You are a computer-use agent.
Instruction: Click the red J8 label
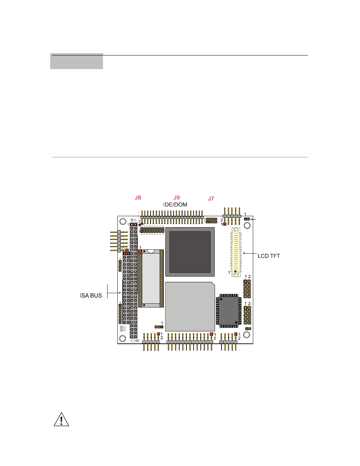coord(138,198)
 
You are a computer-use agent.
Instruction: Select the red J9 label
coord(176,198)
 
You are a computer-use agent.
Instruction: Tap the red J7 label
coord(211,199)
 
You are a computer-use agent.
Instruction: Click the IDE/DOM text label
coord(175,205)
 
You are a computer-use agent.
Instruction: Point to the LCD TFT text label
coord(269,256)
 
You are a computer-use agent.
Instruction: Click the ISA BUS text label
coord(91,295)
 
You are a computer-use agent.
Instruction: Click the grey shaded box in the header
coord(77,61)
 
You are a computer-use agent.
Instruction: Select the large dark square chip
coord(190,252)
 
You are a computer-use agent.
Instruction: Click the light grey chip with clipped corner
coord(190,307)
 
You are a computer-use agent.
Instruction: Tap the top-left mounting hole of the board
coord(123,221)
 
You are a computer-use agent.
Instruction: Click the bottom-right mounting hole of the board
coord(247,335)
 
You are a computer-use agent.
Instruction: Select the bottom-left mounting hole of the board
coord(123,338)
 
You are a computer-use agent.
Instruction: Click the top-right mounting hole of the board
coord(247,226)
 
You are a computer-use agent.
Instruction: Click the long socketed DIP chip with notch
coord(151,278)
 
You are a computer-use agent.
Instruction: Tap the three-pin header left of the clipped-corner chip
coord(159,327)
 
